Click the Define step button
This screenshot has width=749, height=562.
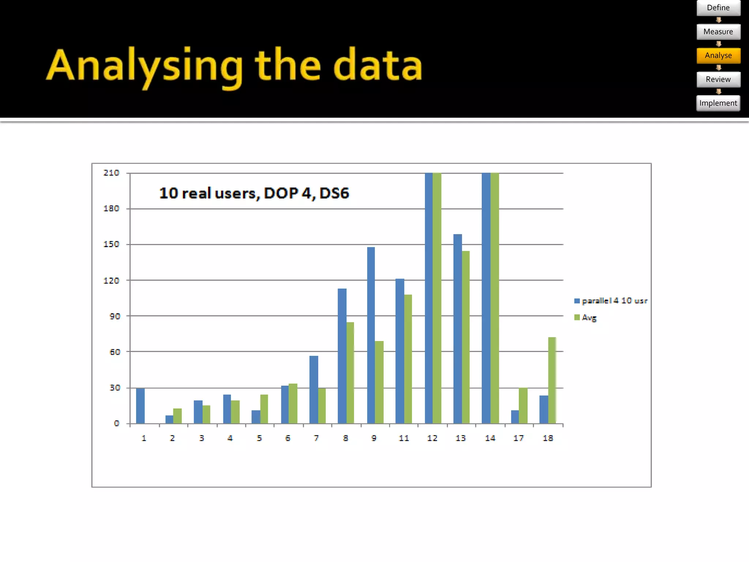tap(718, 8)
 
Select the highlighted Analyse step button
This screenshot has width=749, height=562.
tap(718, 56)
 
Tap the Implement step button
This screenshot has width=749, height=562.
tap(718, 103)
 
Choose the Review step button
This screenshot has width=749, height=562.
tap(718, 79)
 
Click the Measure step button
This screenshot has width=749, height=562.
tap(718, 32)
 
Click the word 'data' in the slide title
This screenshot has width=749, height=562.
tap(378, 66)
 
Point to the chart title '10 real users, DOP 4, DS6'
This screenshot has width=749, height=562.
tap(254, 193)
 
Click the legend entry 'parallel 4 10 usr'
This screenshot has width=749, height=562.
tap(614, 301)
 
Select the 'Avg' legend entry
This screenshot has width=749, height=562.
tap(588, 317)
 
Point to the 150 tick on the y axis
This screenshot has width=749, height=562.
tap(112, 244)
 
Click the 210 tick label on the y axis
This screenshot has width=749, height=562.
tap(112, 173)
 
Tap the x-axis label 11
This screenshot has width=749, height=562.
tap(404, 438)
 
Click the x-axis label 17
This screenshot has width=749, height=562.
tap(518, 438)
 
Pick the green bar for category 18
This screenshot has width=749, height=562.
tap(552, 381)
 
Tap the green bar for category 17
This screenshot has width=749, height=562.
tap(523, 405)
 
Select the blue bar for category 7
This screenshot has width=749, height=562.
tap(314, 389)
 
